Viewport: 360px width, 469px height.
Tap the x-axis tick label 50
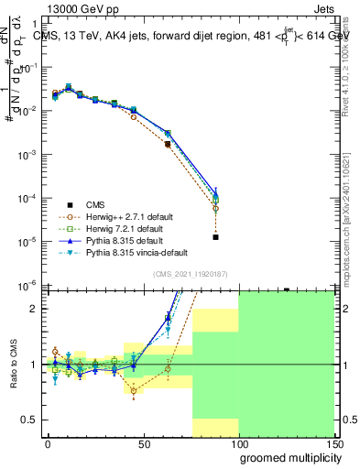pos(143,445)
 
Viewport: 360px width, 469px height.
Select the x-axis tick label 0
pos(48,445)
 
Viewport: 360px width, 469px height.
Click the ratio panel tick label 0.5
pos(28,420)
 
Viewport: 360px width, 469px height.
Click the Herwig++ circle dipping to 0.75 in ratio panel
pos(134,391)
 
